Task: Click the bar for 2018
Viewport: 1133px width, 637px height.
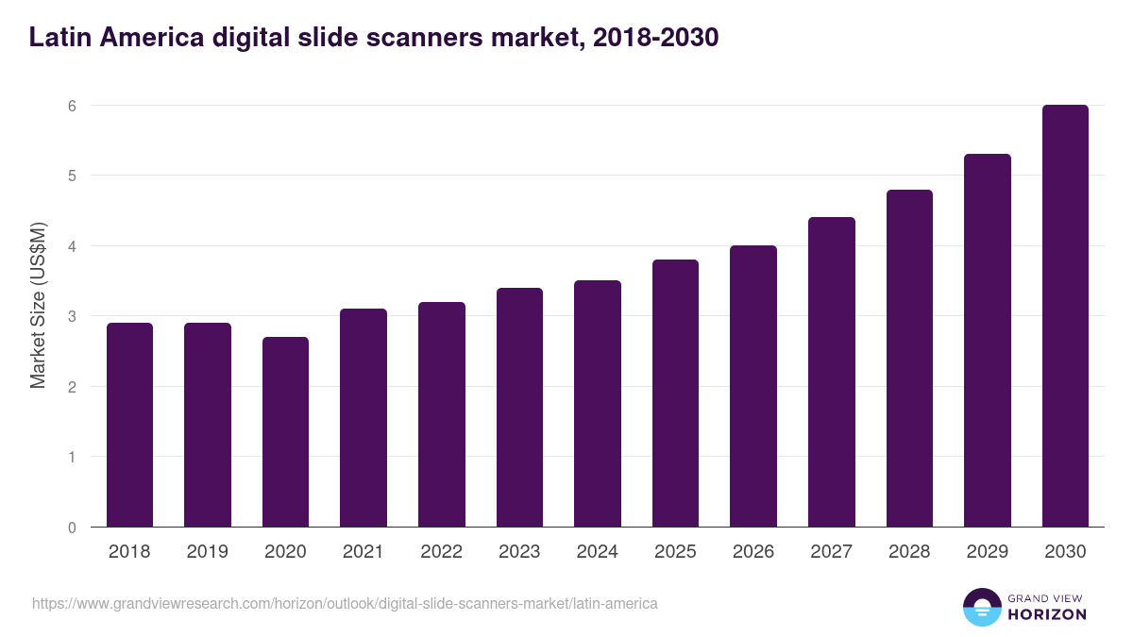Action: click(129, 425)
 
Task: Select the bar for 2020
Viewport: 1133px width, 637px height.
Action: click(285, 432)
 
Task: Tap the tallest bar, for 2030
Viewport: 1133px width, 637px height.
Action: click(1065, 316)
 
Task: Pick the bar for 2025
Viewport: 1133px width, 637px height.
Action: click(675, 394)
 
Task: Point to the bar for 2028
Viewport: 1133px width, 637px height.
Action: click(909, 359)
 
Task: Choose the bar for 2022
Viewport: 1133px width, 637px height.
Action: click(441, 414)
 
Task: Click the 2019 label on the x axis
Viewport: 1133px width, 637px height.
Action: click(207, 552)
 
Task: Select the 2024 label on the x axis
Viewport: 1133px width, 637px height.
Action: click(597, 552)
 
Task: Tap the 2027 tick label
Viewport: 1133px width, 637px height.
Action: click(831, 552)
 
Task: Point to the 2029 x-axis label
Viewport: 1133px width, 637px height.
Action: click(987, 552)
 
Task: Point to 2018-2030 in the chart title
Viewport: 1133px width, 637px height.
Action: click(651, 38)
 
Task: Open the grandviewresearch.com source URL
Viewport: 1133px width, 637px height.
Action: click(345, 603)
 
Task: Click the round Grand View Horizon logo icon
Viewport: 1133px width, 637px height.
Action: click(981, 607)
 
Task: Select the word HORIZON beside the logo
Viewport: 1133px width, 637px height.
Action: click(1047, 614)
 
